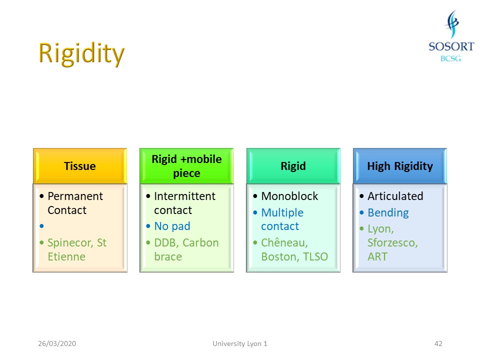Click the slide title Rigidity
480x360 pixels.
point(81,54)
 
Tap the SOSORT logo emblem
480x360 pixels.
point(452,24)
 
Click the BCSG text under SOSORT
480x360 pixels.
point(450,58)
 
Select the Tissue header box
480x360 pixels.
point(80,166)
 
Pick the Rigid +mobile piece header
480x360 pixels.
point(186,166)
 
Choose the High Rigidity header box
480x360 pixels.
point(400,166)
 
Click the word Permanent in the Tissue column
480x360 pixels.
point(75,196)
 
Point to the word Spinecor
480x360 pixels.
point(70,243)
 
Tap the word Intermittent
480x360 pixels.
point(185,196)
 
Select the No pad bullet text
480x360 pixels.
point(172,226)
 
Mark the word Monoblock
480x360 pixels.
point(289,196)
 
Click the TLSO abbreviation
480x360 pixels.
point(315,256)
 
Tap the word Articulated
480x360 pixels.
point(395,196)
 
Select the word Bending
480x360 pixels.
point(388,213)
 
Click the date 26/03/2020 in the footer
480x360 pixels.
point(57,343)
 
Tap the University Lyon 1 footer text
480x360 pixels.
point(240,344)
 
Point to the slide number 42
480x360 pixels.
point(438,343)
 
